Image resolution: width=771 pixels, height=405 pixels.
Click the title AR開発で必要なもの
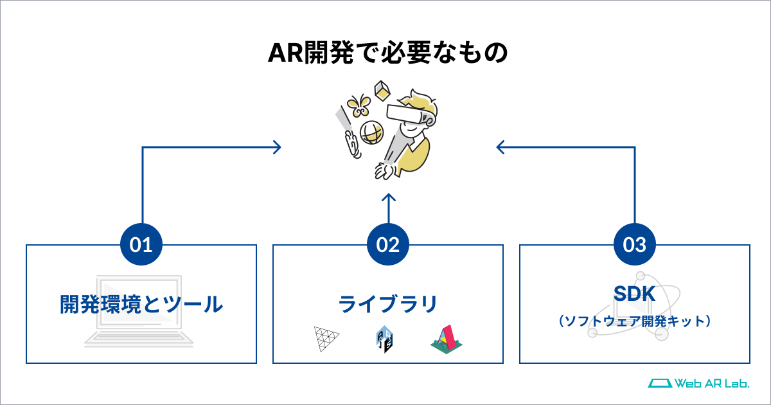point(388,53)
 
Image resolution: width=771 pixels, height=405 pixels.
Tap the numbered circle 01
point(141,244)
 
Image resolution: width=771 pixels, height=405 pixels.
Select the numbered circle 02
point(388,244)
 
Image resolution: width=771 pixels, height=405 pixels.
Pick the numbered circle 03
point(635,244)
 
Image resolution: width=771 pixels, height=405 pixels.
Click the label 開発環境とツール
point(141,305)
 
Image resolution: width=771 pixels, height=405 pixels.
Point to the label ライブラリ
point(388,305)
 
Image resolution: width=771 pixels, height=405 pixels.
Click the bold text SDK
point(634,293)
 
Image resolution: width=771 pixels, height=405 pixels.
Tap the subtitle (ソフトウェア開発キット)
point(634,321)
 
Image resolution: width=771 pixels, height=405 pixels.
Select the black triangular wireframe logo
point(326,339)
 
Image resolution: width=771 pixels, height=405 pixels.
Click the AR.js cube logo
point(384,339)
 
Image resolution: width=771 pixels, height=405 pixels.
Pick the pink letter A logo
point(447,339)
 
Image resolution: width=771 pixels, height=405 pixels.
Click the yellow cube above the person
point(382,91)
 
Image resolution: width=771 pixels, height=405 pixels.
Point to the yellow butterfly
point(359,105)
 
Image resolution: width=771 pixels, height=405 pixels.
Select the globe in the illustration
point(372,132)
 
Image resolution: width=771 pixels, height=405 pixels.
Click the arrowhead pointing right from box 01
point(278,147)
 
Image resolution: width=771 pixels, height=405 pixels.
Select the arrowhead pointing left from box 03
point(501,147)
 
